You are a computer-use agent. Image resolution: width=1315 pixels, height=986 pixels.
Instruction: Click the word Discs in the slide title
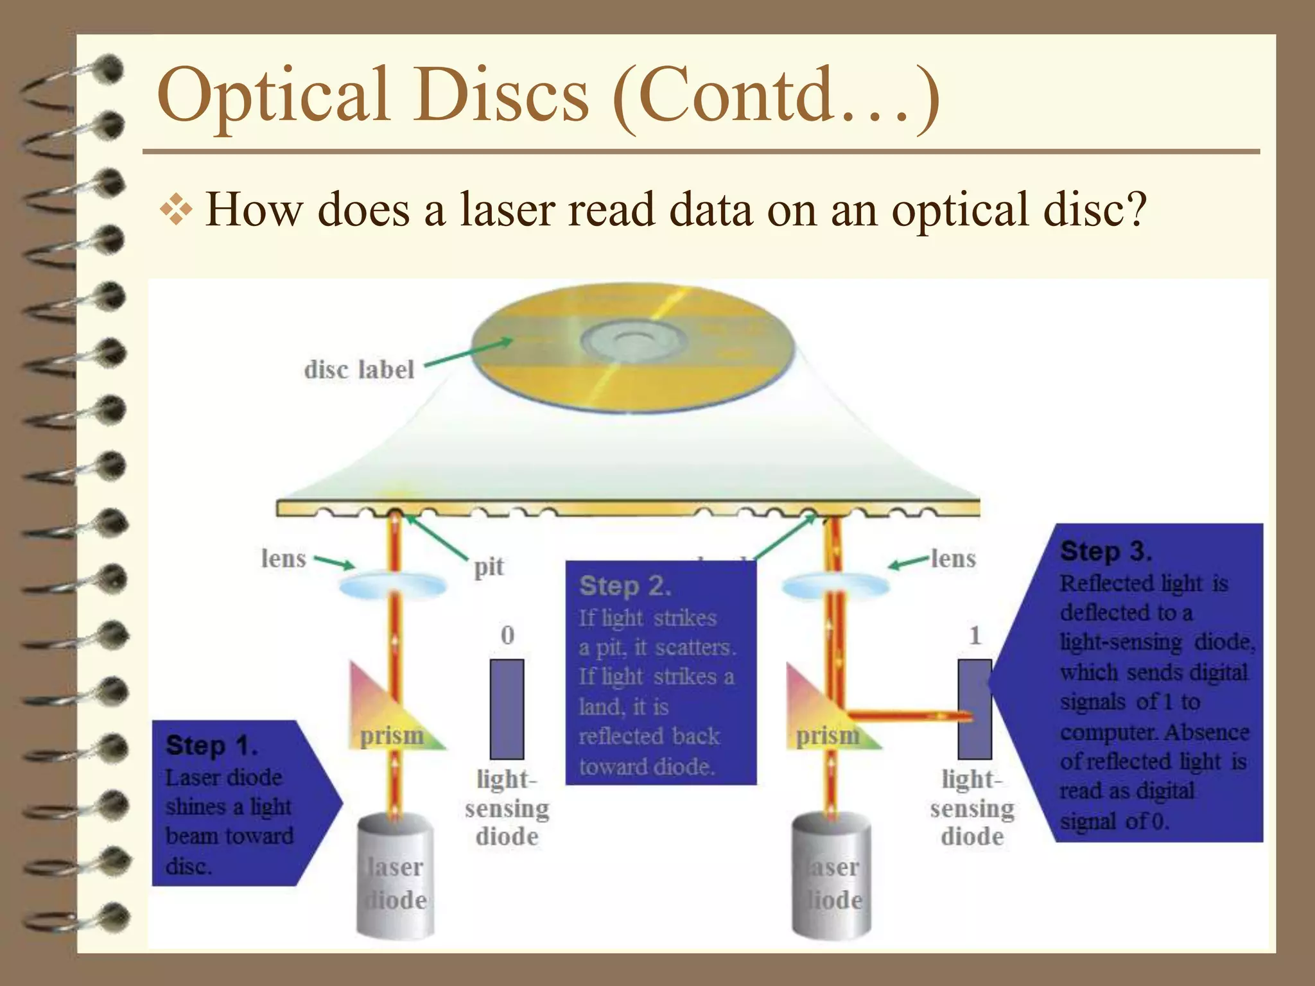pos(500,95)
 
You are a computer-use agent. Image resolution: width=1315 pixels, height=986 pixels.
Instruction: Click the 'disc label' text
pos(359,370)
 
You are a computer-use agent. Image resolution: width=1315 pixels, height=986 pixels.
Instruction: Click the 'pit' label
pos(489,567)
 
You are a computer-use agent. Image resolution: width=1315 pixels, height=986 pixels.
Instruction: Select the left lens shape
pos(392,585)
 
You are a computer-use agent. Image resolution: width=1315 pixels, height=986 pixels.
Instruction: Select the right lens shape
pos(835,585)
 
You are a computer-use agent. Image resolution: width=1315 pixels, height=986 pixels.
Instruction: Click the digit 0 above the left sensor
pos(507,635)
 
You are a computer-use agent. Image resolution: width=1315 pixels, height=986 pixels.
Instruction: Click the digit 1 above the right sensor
pos(975,635)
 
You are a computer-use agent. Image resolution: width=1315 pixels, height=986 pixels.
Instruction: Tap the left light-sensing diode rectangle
pos(507,709)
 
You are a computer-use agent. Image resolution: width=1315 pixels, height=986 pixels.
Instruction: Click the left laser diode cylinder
pos(395,876)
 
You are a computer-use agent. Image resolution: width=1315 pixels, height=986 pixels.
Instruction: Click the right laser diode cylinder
pos(832,876)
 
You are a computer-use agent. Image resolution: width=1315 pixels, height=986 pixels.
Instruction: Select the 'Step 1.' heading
pos(211,746)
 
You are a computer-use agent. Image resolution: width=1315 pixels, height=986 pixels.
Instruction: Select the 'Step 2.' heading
pos(625,586)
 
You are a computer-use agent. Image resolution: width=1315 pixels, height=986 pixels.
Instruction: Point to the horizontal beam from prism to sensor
pos(905,714)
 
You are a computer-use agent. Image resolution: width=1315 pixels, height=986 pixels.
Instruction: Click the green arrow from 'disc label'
pos(469,352)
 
